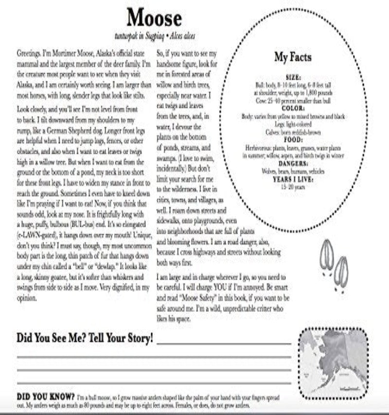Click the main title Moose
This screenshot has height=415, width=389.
pos(154,18)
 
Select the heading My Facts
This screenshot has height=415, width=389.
pos(293,57)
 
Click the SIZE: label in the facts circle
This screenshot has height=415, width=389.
pos(294,77)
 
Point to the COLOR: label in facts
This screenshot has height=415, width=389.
pos(294,108)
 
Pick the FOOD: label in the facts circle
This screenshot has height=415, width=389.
pos(293,140)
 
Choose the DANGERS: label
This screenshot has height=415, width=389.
pos(293,164)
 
